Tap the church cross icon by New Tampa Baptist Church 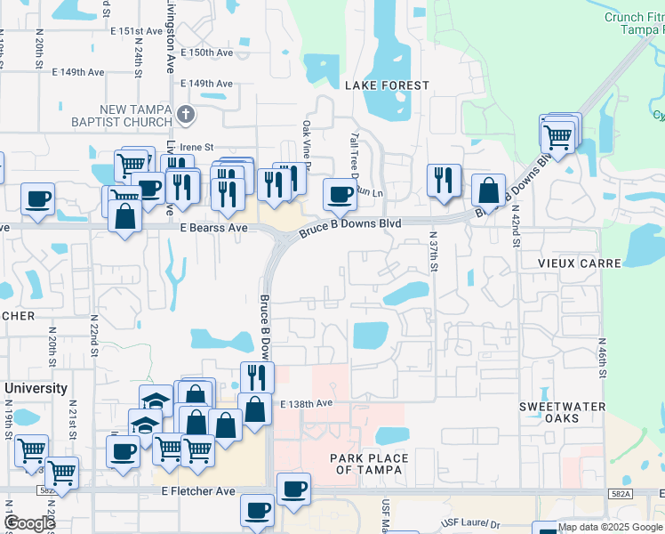185,114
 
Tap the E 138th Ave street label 305,403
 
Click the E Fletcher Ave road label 197,490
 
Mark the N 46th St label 602,358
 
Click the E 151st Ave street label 135,31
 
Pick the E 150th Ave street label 206,53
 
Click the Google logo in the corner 29,522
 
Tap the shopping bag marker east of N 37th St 488,189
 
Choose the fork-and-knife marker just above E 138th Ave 257,376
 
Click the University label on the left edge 36,389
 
